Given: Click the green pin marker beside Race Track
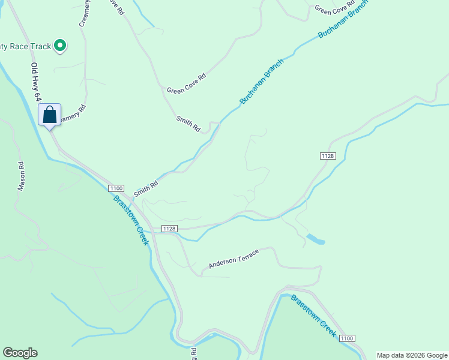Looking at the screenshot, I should pyautogui.click(x=60, y=45).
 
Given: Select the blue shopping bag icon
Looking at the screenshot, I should pyautogui.click(x=50, y=114).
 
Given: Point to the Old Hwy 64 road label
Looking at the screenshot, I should pyautogui.click(x=37, y=81).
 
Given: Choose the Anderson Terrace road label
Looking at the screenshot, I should pyautogui.click(x=234, y=259).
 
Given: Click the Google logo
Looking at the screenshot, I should pyautogui.click(x=20, y=353).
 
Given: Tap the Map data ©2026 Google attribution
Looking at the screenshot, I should pyautogui.click(x=412, y=355).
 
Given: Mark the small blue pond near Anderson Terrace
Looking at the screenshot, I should pyautogui.click(x=316, y=240).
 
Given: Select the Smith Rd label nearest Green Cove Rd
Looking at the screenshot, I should pyautogui.click(x=188, y=124).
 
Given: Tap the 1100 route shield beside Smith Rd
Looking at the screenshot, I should pyautogui.click(x=116, y=188).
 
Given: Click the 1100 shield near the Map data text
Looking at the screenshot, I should pyautogui.click(x=346, y=338).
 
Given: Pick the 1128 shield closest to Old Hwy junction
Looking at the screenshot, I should pyautogui.click(x=170, y=229).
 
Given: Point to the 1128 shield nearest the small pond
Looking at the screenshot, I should pyautogui.click(x=327, y=156).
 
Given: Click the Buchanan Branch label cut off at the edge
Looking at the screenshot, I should pyautogui.click(x=343, y=19).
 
